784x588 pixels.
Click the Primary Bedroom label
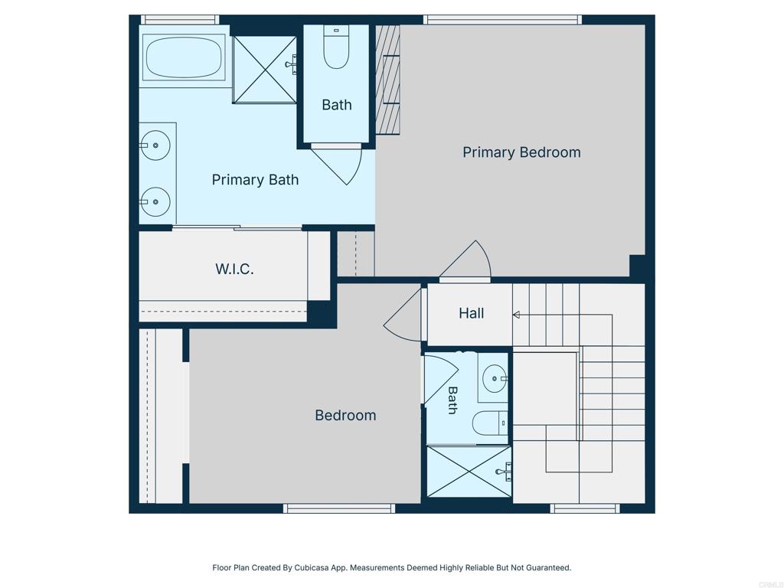(521, 152)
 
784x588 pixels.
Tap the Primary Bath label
(255, 179)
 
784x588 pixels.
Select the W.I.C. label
(234, 269)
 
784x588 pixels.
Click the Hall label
(471, 313)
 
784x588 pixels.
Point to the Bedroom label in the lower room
(345, 415)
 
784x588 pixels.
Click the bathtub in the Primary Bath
(184, 57)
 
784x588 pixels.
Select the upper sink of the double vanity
(155, 145)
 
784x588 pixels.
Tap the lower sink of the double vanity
(155, 202)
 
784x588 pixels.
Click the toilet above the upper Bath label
(336, 47)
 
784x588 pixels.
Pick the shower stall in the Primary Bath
(264, 70)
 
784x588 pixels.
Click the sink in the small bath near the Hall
(495, 378)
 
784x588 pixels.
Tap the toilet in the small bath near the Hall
(490, 423)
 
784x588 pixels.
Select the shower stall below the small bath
(469, 472)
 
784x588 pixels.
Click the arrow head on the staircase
(516, 315)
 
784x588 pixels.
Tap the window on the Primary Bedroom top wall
(502, 20)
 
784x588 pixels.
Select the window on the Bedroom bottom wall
(339, 508)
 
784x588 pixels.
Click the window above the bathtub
(179, 20)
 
